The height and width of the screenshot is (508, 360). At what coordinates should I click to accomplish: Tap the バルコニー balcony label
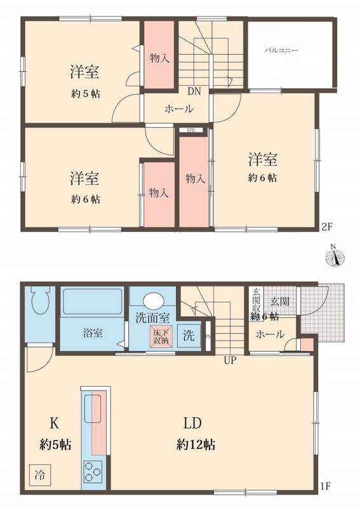point(281,48)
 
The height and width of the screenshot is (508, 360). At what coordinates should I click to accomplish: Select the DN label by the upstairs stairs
point(194,91)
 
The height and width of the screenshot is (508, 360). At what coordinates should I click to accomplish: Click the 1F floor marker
point(326,487)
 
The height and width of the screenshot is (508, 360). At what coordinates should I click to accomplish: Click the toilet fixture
point(41,304)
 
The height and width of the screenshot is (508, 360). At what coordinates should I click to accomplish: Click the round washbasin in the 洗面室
point(152,300)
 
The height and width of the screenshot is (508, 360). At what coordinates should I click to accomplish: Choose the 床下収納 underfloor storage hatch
point(159,336)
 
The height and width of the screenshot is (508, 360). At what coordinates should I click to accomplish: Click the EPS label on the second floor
point(190,131)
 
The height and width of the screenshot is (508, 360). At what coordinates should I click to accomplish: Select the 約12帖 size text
point(195,444)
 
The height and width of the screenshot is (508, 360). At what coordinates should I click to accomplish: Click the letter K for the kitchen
point(55,422)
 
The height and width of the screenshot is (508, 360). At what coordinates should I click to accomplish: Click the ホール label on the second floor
point(179,109)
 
